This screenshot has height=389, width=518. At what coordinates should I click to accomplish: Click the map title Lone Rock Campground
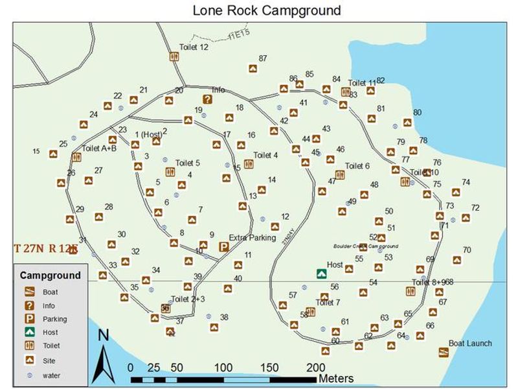click(x=266, y=10)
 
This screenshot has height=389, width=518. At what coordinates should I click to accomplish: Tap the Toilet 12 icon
click(x=174, y=57)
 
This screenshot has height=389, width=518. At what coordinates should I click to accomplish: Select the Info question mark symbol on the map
click(x=207, y=99)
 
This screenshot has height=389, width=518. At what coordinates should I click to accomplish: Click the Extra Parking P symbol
click(x=224, y=247)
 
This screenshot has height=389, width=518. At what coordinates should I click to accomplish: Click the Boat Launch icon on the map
click(x=444, y=353)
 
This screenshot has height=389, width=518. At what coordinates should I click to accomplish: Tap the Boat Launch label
click(x=470, y=344)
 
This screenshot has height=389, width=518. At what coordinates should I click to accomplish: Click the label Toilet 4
click(x=265, y=156)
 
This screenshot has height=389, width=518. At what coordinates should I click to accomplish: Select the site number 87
click(x=263, y=58)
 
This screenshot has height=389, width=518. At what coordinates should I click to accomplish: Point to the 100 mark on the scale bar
click(x=223, y=368)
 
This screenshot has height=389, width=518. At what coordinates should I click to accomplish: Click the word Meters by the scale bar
click(x=335, y=378)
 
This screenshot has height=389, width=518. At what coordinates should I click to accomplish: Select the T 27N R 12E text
click(x=45, y=248)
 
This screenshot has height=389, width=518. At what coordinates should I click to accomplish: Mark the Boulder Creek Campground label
click(x=365, y=246)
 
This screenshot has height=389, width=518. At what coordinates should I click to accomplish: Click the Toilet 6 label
click(x=357, y=166)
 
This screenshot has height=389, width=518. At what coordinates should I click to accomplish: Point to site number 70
click(x=467, y=250)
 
